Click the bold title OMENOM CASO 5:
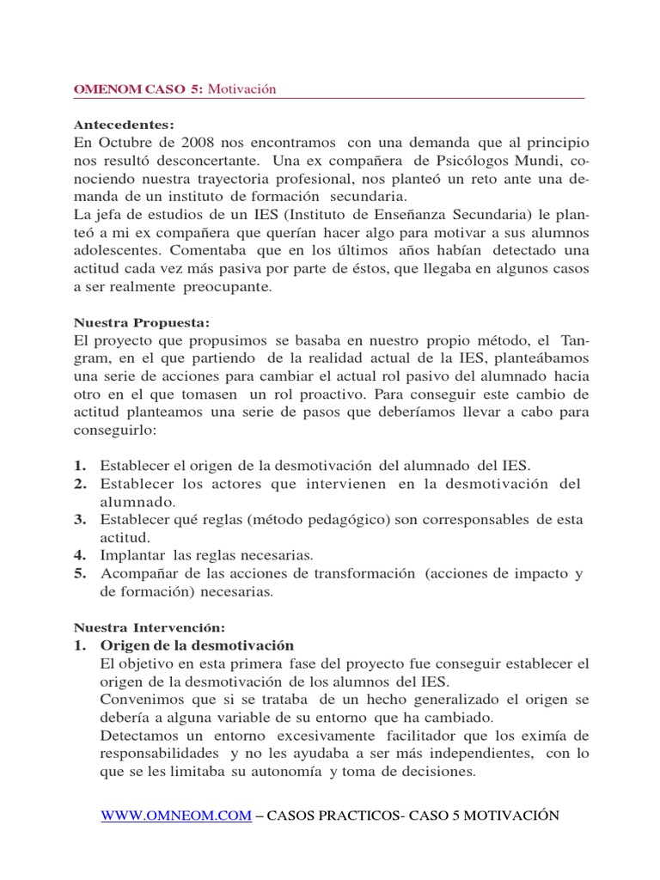coord(137,89)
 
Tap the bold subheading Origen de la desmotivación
coord(197,645)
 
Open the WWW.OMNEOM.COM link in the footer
coord(176,816)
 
